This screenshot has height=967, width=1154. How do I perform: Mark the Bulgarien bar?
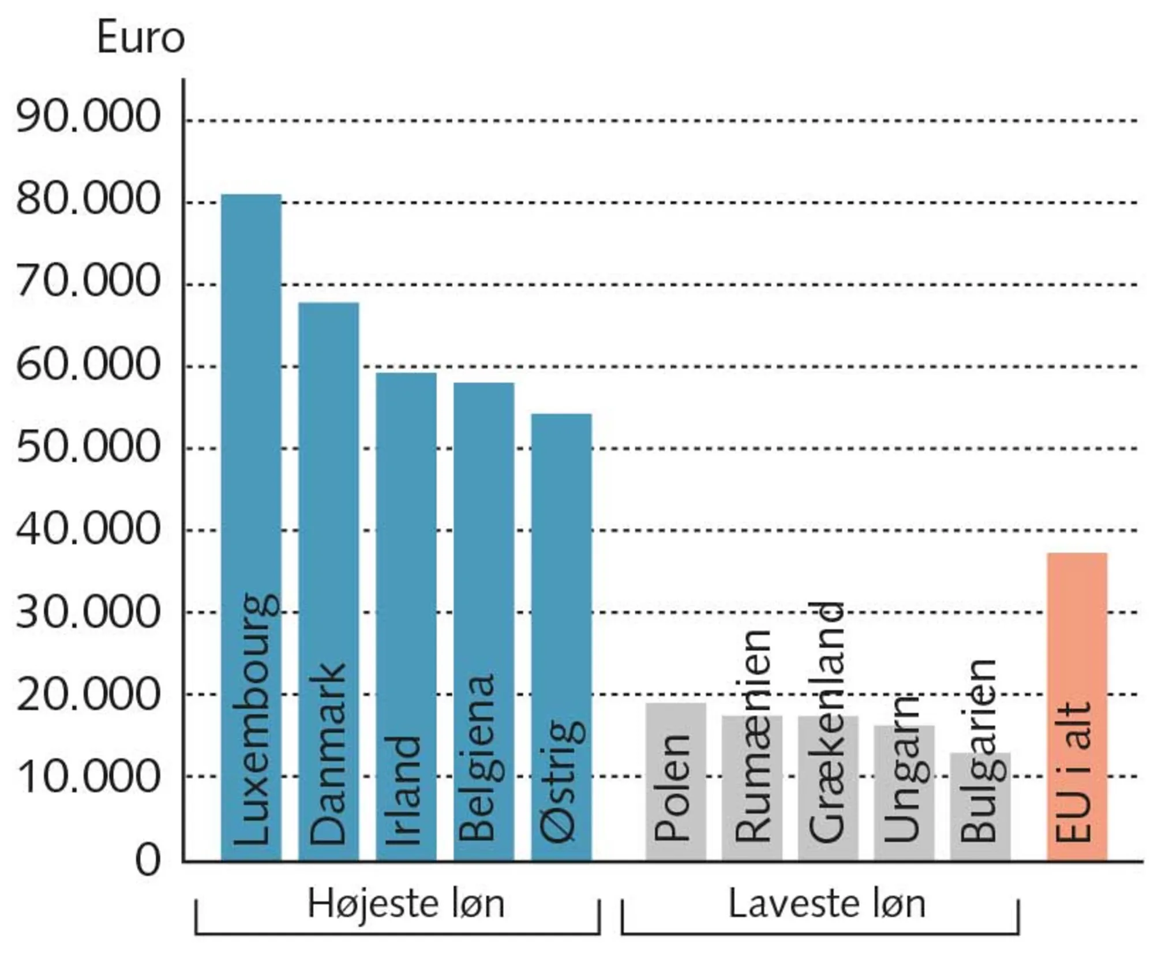[980, 808]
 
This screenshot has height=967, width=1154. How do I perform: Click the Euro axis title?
[141, 39]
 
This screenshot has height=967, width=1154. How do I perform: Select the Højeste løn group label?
[406, 904]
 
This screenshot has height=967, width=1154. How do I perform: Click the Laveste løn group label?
[827, 904]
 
